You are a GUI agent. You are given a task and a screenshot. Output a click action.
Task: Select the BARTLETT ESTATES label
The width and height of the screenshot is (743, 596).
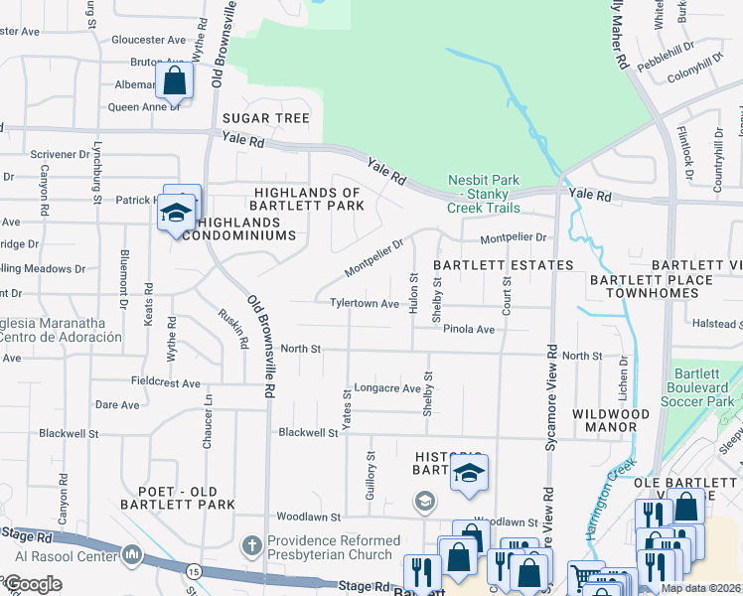click(503, 265)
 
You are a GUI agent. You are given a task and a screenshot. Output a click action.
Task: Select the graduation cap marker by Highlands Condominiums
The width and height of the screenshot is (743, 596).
click(177, 215)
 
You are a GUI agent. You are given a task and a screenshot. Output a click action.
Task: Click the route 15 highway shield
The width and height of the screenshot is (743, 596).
click(192, 570)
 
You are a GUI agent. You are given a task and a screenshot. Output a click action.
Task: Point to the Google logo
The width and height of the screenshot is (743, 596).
click(32, 584)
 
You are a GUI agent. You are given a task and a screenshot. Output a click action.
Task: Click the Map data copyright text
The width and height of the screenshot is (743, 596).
click(701, 588)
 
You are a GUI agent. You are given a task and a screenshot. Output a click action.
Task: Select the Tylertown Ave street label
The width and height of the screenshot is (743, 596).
click(366, 304)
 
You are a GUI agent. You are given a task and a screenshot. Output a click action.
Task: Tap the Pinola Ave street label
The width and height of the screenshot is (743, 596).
click(469, 329)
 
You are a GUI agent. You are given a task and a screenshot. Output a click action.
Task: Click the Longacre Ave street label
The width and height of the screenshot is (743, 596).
click(388, 388)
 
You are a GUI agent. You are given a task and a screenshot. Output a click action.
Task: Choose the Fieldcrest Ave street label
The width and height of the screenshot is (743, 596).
click(166, 381)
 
